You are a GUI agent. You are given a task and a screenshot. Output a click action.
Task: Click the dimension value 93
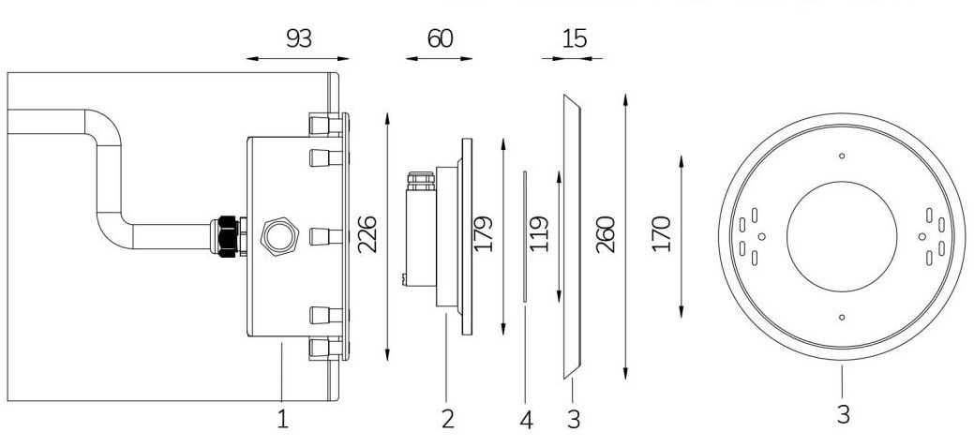coord(298,38)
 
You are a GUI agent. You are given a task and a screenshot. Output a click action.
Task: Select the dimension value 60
coord(439,38)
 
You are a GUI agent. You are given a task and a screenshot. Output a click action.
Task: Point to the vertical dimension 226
coord(367,234)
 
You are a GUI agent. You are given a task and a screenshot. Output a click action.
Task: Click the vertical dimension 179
coord(484,234)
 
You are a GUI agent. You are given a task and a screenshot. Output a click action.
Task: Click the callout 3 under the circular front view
coord(843,413)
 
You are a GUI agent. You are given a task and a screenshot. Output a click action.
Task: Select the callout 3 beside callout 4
coord(574,420)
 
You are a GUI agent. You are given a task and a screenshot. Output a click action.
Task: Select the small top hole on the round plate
coord(842,156)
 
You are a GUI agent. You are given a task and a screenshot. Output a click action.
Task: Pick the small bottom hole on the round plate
coord(842,318)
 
